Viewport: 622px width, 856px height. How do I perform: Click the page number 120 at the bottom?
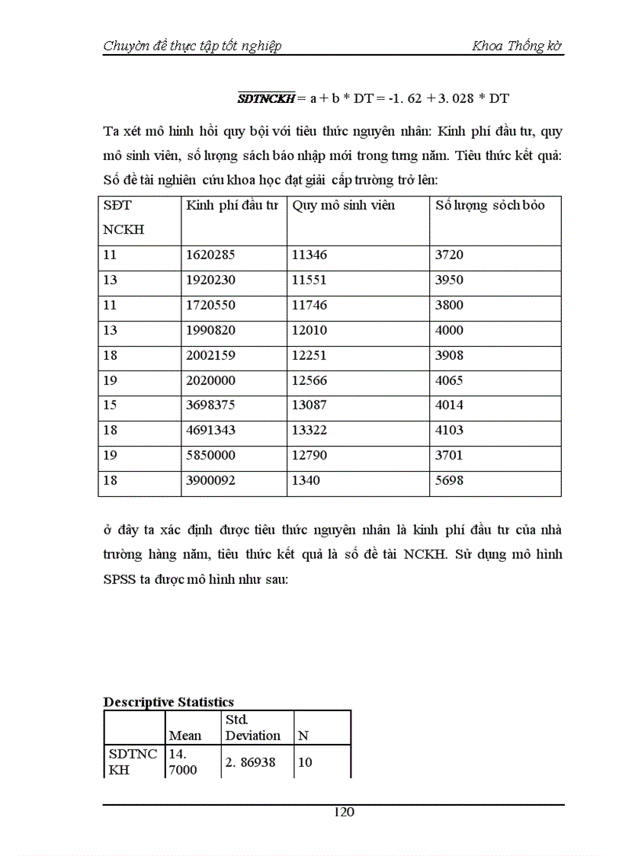coord(345,812)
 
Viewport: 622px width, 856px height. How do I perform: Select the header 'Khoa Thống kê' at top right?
coord(517,46)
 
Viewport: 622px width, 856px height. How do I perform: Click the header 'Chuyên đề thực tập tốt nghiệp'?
coord(192,46)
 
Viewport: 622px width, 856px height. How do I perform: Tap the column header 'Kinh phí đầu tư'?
coord(232,206)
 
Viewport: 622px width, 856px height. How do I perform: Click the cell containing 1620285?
coord(210,255)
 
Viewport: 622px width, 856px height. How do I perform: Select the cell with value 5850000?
coord(210,456)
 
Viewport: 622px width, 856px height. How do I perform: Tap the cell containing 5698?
coord(449,481)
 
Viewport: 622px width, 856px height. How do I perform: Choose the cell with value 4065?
coord(449,380)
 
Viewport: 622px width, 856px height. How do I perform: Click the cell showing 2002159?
coord(210,355)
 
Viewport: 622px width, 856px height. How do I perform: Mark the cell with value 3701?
coord(449,456)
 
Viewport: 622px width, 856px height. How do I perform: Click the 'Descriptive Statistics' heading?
coord(168,702)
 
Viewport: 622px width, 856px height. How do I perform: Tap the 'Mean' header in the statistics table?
coord(185,736)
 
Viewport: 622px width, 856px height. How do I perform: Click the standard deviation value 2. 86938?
coord(252,762)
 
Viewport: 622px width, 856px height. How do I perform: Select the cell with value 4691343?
coord(210,431)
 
